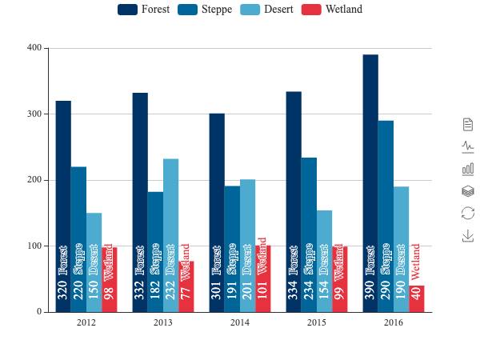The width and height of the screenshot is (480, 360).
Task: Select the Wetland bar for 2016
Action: click(417, 298)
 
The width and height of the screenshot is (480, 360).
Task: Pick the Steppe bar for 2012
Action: click(78, 239)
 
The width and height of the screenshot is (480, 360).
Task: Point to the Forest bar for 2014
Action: click(217, 212)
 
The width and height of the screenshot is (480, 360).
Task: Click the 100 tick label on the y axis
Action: click(34, 246)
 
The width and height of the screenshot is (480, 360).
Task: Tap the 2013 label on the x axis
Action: click(163, 322)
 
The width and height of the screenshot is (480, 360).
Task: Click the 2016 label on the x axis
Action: click(394, 322)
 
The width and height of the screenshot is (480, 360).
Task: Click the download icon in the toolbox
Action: click(468, 236)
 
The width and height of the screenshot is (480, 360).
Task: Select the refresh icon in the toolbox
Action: click(468, 214)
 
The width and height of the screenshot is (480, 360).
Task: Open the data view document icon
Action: click(468, 124)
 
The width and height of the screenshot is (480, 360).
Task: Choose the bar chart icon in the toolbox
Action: click(468, 169)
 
